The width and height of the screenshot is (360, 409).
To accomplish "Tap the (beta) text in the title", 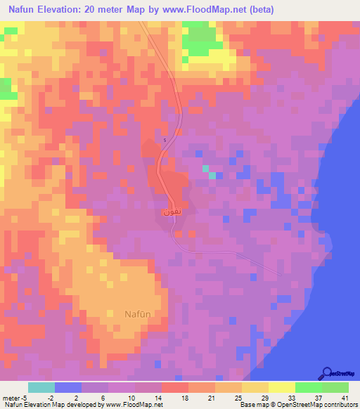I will pos(257,10).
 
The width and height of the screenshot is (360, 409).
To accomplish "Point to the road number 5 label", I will pos(165,140).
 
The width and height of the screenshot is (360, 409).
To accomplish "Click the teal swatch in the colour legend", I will pos(41,387).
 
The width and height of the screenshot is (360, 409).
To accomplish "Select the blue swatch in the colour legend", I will pos(68,387).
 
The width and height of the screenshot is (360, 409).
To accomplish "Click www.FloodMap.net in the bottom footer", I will pos(134,405).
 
